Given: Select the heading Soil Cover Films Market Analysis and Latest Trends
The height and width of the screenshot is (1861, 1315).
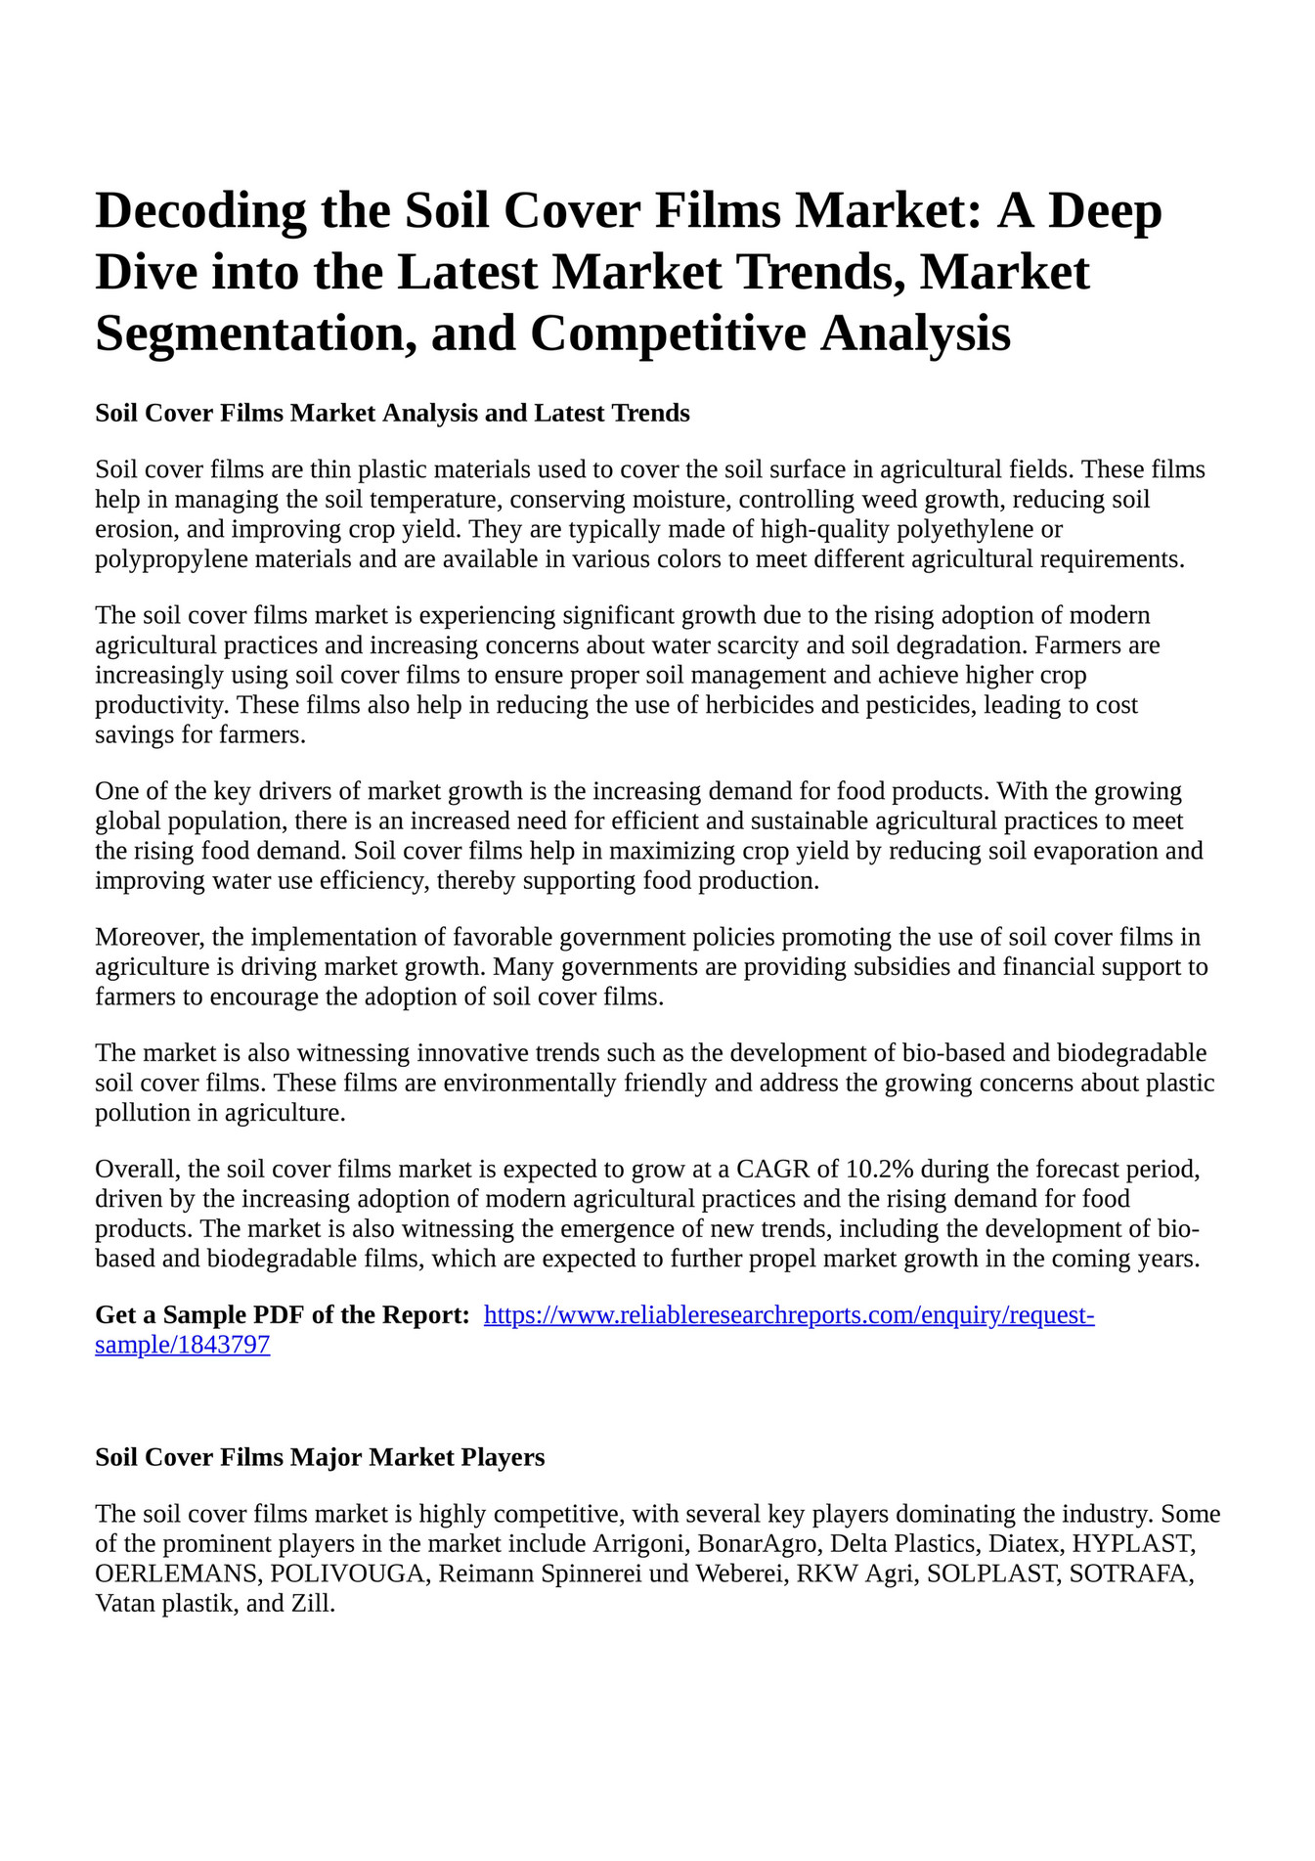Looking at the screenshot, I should [x=392, y=414].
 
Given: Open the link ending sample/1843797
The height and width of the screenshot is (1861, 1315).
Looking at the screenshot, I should [x=182, y=1346].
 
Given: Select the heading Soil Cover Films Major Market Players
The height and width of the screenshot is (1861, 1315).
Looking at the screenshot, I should [x=320, y=1458].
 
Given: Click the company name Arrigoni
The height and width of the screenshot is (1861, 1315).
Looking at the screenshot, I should [x=638, y=1545].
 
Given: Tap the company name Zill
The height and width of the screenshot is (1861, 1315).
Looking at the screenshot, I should [x=312, y=1605].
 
